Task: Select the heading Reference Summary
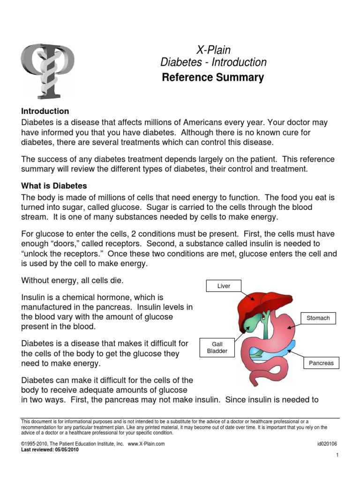click(213, 77)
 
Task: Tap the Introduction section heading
click(45, 111)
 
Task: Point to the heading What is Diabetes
click(54, 186)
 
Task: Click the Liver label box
click(224, 286)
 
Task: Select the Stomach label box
click(318, 318)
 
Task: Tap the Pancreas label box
click(321, 363)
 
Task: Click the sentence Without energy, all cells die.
click(72, 280)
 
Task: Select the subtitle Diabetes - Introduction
click(213, 62)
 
